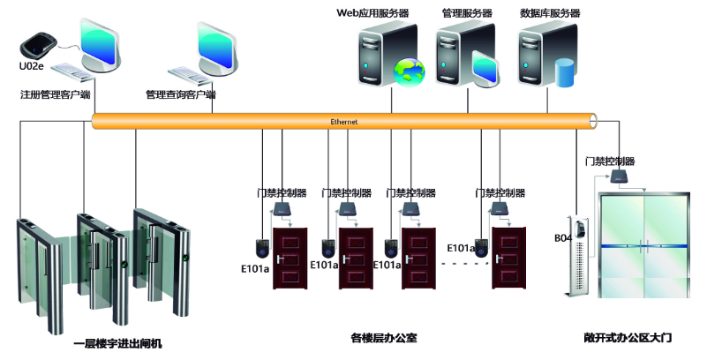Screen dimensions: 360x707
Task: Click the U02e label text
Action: pos(31,66)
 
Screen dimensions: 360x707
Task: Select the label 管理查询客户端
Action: pos(181,93)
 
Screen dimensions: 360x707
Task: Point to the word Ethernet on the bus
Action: pos(344,121)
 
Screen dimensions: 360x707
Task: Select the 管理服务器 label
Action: pos(467,13)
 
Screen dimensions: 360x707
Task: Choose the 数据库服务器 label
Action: pos(550,13)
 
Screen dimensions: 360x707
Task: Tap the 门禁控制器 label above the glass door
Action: pos(610,161)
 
